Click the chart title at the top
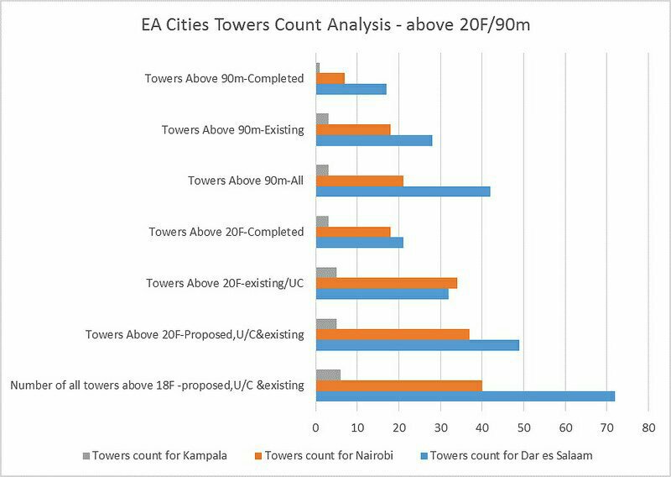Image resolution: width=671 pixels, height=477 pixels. coord(335,25)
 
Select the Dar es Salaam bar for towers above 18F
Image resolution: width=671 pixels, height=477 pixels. coord(465,396)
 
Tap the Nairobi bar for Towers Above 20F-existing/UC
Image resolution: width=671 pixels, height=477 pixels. coord(386,283)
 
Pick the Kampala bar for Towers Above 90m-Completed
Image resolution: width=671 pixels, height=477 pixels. coord(318,67)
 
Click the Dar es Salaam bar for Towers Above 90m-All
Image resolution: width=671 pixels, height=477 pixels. coord(403,191)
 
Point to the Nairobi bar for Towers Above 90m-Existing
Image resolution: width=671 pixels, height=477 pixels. coord(353,129)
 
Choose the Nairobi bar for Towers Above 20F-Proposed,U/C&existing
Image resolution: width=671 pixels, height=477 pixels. coord(392,334)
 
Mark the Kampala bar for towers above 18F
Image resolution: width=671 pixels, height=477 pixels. coord(328,375)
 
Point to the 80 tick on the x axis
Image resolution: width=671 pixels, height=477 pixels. coord(648,427)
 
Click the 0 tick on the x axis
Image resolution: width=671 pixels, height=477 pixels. coord(316,427)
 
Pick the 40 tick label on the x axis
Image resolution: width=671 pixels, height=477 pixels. coord(482,427)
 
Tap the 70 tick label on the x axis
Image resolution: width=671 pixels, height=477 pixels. coord(606,427)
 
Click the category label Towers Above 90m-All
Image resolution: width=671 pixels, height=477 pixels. coord(245,181)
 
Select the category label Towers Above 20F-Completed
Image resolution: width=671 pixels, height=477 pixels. coord(226,232)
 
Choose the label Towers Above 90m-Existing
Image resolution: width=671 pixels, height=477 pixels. coord(232,129)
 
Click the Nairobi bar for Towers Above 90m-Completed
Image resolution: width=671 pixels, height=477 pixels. coord(330,78)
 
